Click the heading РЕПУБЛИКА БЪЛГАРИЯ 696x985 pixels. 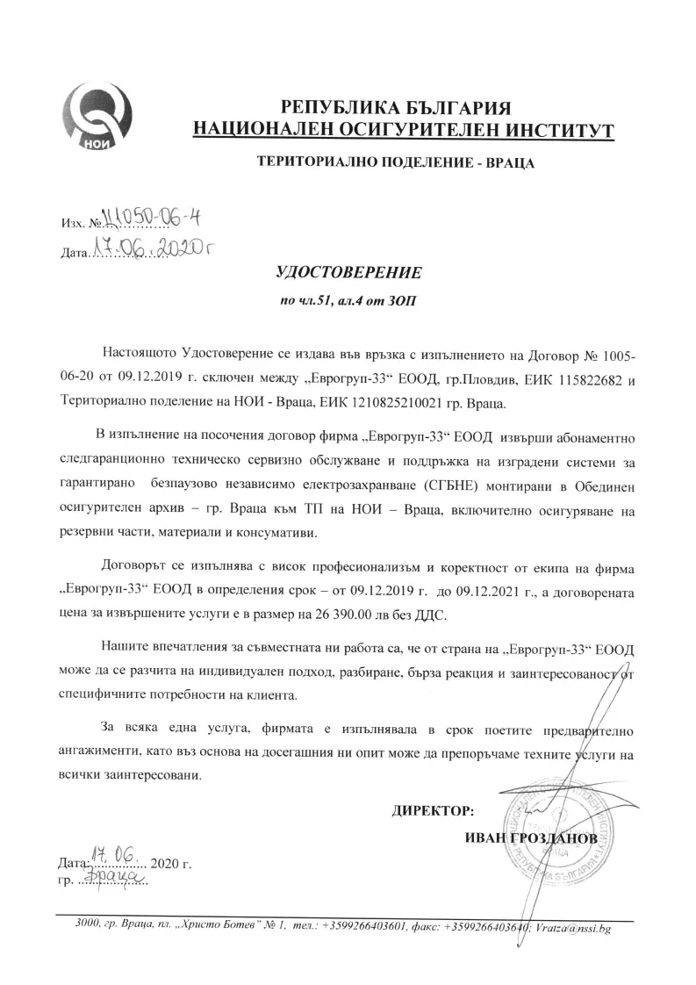click(395, 108)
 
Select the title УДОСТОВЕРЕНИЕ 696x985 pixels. click(349, 273)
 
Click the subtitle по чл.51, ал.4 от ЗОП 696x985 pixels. click(349, 301)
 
